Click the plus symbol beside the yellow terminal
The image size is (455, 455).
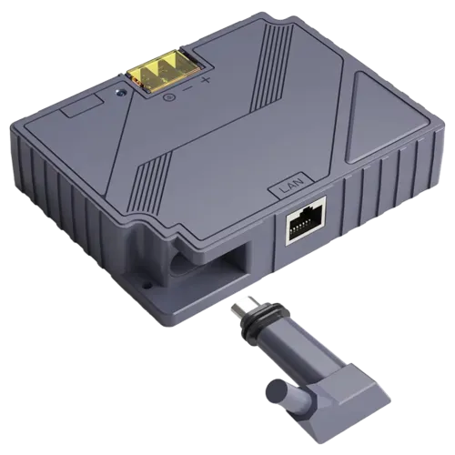pos(206,80)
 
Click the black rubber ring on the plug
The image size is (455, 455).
pos(251,329)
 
